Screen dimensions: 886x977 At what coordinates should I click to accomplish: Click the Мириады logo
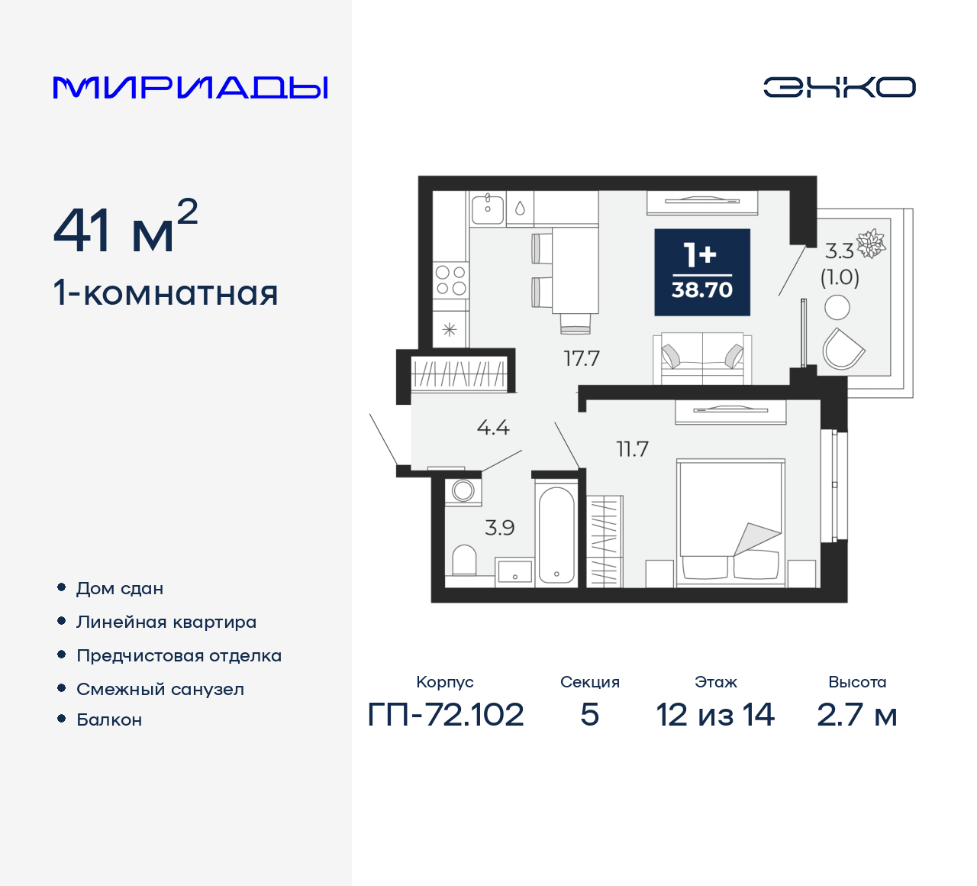pos(191,87)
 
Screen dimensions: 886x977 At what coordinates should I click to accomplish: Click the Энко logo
pos(839,87)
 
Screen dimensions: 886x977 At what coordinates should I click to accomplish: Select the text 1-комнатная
pos(166,293)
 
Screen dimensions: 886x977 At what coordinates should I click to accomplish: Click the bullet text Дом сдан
pos(120,588)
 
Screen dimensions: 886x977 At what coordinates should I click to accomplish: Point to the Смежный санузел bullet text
pos(160,689)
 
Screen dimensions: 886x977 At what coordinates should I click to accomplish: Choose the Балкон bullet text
pos(109,719)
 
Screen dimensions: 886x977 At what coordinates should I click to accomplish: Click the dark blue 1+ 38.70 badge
pos(702,272)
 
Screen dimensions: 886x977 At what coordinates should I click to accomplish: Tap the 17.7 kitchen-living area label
pos(582,358)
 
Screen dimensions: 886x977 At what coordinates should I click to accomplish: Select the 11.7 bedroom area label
pos(632,449)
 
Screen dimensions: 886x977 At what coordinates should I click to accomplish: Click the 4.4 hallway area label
pos(493,428)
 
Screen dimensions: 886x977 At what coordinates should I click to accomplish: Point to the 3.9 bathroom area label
pos(500,528)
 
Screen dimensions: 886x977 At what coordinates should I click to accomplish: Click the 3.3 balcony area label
pos(839,251)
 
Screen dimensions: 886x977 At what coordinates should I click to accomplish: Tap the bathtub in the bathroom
pos(556,535)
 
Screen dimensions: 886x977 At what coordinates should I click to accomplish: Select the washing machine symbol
pos(463,490)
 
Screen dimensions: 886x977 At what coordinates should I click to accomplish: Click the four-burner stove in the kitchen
pos(450,280)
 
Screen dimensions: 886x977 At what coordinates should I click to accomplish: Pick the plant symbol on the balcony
pos(871,244)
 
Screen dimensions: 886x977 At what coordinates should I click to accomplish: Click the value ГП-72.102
pos(446,715)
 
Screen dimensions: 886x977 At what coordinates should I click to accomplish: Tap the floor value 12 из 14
pos(715,715)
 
